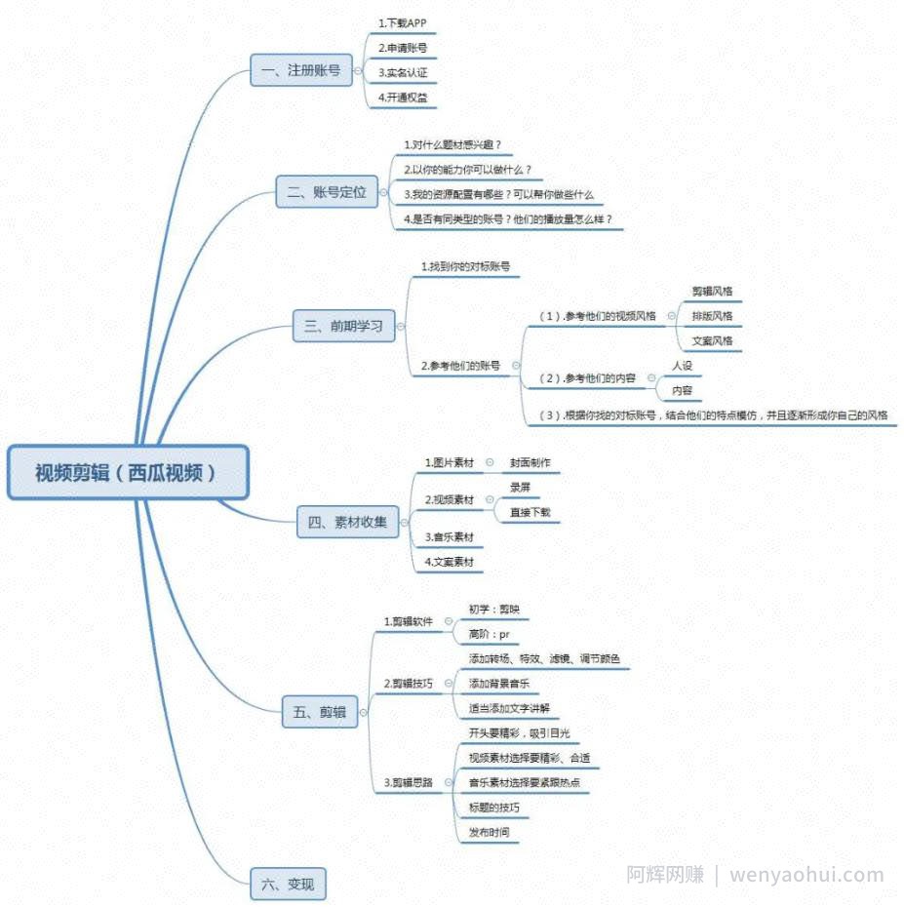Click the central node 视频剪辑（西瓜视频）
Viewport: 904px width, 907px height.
pyautogui.click(x=128, y=472)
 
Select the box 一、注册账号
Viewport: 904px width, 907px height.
pyautogui.click(x=301, y=70)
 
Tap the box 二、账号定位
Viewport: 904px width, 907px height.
pyautogui.click(x=327, y=192)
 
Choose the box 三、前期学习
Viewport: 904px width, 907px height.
pyautogui.click(x=344, y=326)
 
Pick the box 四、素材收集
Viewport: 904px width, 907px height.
pyautogui.click(x=347, y=522)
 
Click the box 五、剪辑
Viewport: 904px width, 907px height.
pyautogui.click(x=320, y=712)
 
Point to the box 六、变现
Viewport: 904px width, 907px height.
pyautogui.click(x=288, y=884)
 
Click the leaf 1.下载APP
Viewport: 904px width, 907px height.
pyautogui.click(x=403, y=23)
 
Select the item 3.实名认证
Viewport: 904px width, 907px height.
pyautogui.click(x=403, y=73)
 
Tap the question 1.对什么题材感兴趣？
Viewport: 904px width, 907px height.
pyautogui.click(x=452, y=144)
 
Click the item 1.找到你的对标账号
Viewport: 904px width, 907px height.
pyautogui.click(x=465, y=266)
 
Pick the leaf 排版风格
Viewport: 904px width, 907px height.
pyautogui.click(x=712, y=316)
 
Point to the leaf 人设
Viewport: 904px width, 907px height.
pyautogui.click(x=682, y=366)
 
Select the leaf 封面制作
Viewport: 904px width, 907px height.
pyautogui.click(x=530, y=462)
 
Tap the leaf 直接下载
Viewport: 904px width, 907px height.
pyautogui.click(x=530, y=512)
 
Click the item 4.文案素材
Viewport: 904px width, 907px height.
pyautogui.click(x=449, y=562)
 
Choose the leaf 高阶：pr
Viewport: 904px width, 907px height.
pyautogui.click(x=489, y=635)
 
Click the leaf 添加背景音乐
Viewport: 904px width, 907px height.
pyautogui.click(x=498, y=684)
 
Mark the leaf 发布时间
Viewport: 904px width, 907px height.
pyautogui.click(x=489, y=832)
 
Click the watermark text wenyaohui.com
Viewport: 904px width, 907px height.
pyautogui.click(x=806, y=876)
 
